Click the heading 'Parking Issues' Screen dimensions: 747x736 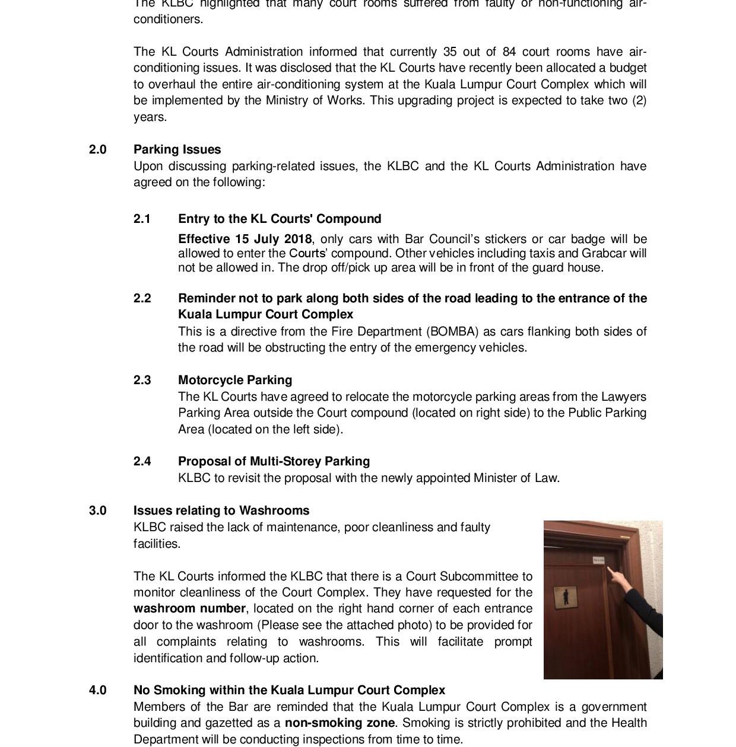(x=177, y=149)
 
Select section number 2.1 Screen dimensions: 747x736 (x=142, y=219)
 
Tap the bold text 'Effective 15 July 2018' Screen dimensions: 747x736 (x=245, y=239)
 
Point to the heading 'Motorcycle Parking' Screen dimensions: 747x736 (x=235, y=380)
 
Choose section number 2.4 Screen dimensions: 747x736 (x=142, y=461)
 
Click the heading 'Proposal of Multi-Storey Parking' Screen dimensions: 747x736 (x=274, y=461)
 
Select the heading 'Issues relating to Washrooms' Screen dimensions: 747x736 (x=221, y=510)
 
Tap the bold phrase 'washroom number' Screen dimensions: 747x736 (x=189, y=609)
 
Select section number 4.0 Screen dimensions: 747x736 (x=98, y=690)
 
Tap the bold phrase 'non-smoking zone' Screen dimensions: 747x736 (x=340, y=723)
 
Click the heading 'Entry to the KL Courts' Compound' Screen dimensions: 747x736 (x=280, y=219)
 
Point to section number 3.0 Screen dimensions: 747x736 (x=98, y=510)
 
